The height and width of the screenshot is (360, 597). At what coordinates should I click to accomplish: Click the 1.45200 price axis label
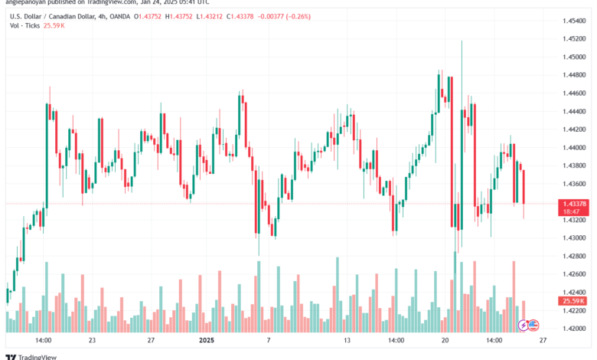point(573,39)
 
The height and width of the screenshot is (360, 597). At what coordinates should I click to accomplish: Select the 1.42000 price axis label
point(573,328)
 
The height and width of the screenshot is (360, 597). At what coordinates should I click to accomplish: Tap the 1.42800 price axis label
point(573,256)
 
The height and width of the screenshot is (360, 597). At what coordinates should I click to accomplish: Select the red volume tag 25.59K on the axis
point(573,301)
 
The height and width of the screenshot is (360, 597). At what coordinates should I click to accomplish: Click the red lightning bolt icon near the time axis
point(524,325)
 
